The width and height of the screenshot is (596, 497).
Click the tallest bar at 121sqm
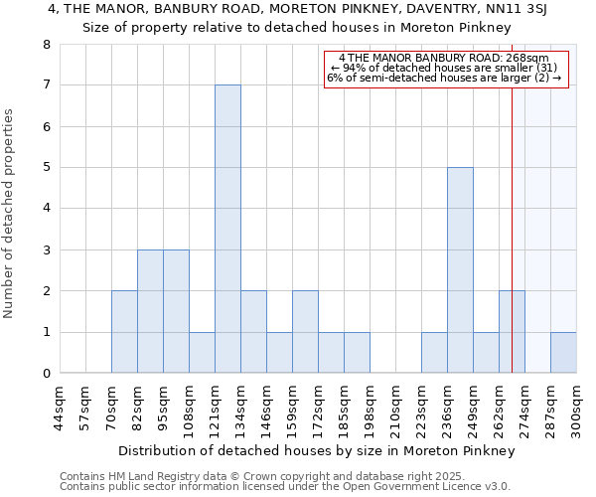pyautogui.click(x=227, y=229)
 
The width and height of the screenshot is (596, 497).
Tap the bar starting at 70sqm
pyautogui.click(x=124, y=332)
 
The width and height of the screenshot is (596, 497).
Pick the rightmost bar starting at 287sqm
pyautogui.click(x=563, y=353)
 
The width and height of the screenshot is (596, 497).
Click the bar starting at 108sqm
pyautogui.click(x=202, y=353)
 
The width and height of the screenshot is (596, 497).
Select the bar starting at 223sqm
pyautogui.click(x=434, y=353)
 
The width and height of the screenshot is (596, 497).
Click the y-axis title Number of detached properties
pyautogui.click(x=10, y=214)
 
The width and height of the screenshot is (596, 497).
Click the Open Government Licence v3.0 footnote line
pyautogui.click(x=285, y=486)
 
